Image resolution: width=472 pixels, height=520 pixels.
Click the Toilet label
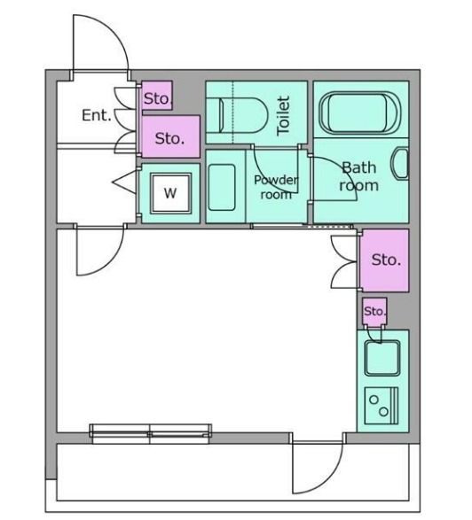coord(283,115)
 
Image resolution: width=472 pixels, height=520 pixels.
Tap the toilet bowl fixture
coord(243,115)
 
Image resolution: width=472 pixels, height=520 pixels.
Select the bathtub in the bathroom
coord(360,113)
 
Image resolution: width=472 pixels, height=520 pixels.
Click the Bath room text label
coord(358,176)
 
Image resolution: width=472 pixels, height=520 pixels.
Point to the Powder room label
coord(276,187)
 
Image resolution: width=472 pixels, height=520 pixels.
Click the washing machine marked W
coord(170,193)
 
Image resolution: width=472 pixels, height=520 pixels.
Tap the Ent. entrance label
coord(97,115)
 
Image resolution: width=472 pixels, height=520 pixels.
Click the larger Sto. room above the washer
coord(170,136)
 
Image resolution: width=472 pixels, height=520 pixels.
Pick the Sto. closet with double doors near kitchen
coord(385,260)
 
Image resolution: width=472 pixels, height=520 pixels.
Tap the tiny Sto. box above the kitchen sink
coord(374,312)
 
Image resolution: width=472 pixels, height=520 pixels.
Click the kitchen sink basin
coord(382,358)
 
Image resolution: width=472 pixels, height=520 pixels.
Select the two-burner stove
coord(382,406)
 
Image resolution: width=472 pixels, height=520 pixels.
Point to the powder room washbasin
coord(222,188)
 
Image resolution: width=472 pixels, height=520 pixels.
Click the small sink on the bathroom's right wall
coord(401,164)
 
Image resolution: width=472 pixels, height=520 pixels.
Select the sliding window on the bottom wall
coord(151,434)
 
